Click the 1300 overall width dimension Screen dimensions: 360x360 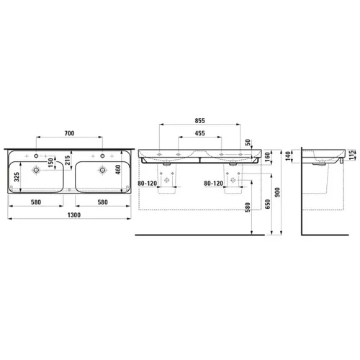[74, 215]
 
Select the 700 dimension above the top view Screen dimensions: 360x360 [69, 133]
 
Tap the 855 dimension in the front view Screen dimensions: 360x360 [200, 120]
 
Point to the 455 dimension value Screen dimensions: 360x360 [200, 133]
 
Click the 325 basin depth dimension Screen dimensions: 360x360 [17, 177]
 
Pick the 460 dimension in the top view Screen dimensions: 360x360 [118, 169]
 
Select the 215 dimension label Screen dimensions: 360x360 [68, 161]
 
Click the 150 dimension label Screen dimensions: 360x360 [50, 162]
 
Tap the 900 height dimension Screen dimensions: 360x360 [277, 192]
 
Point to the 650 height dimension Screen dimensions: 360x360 [268, 204]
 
